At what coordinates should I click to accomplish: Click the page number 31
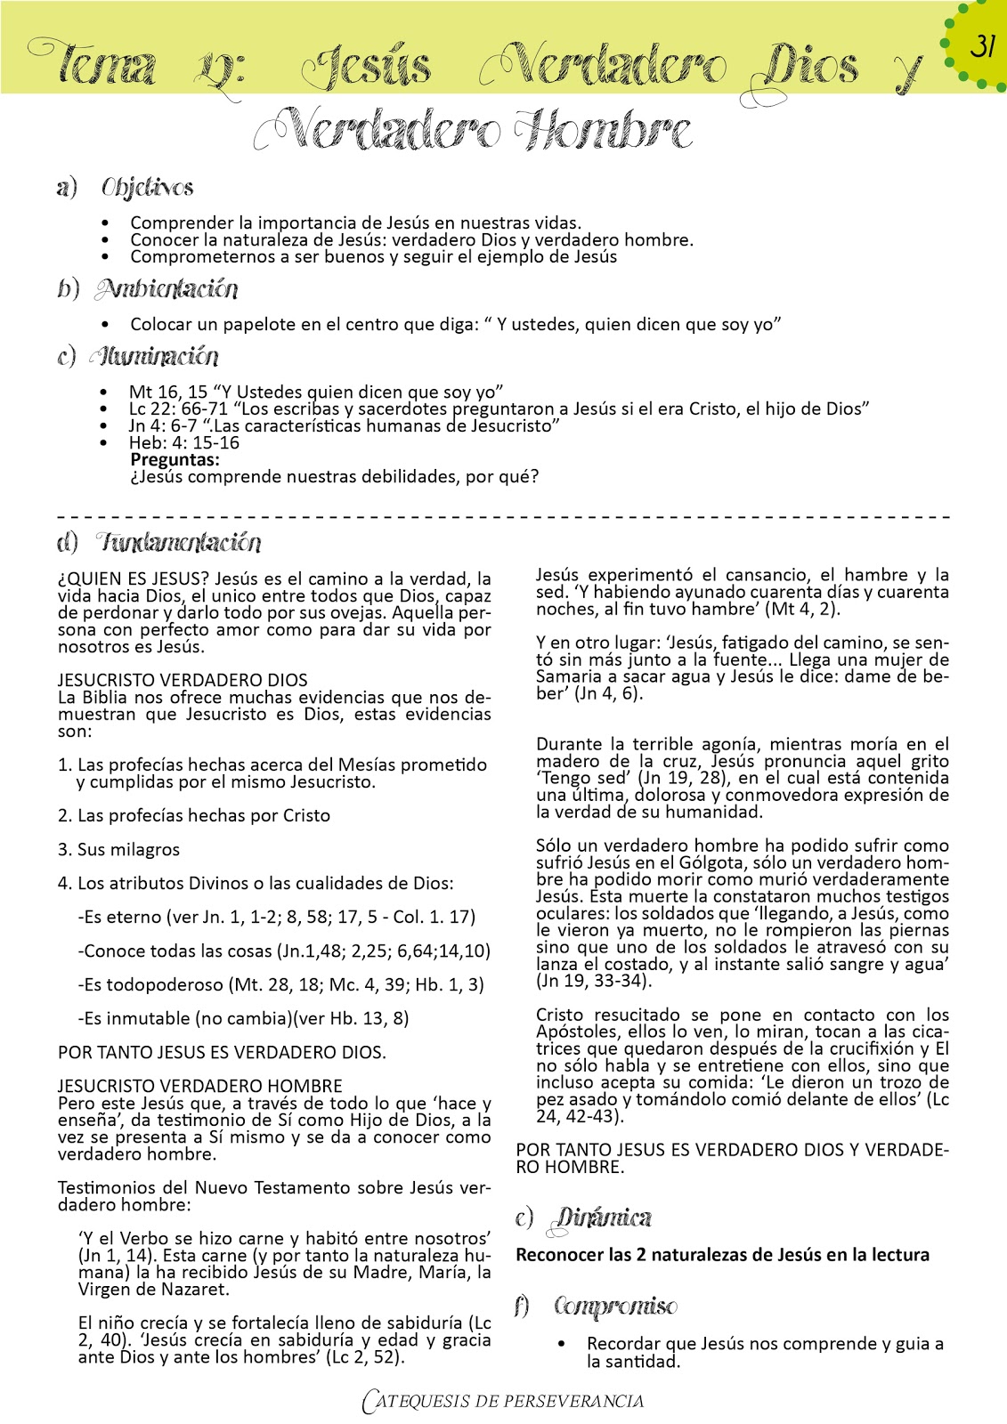coord(982,45)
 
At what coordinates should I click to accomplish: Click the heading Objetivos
coord(147,188)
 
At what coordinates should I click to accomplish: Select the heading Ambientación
coord(166,289)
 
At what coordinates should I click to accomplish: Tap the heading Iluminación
coord(153,357)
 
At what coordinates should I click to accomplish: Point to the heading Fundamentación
coord(179,542)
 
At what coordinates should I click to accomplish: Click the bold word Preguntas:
coord(175,459)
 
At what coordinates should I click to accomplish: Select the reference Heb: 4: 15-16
coord(184,442)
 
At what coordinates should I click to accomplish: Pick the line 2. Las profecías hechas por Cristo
coord(193,815)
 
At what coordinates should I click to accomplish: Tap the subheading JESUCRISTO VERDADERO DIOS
coord(183,680)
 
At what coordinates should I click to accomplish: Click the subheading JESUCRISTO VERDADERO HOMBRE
coord(199,1086)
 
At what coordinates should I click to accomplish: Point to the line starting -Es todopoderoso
coord(280,984)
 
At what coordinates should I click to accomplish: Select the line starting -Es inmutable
coord(243,1018)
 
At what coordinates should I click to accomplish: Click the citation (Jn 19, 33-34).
coord(594,981)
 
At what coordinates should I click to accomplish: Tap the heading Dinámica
coord(602,1218)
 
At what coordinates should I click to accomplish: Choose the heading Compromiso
coord(614,1307)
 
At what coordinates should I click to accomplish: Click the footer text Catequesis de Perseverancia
coord(503,1401)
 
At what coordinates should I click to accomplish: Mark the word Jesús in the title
coord(366,67)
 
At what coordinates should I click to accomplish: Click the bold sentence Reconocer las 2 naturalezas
coord(722,1254)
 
